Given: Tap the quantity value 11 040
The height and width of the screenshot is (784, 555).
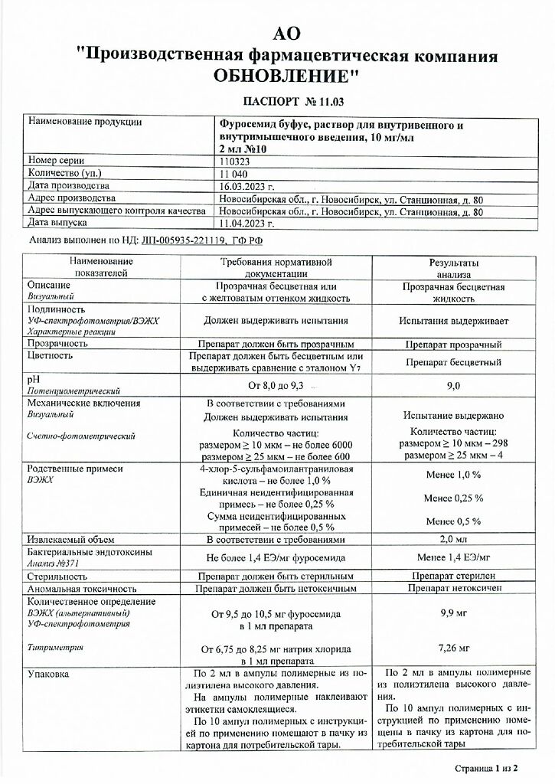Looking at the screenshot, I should pos(233,173).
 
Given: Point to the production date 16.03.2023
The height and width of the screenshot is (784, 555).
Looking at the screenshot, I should pos(246,186).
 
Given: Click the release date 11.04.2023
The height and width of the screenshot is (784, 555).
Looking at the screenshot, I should pos(246,223).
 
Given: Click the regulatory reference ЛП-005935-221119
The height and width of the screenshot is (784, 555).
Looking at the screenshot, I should pos(183,240).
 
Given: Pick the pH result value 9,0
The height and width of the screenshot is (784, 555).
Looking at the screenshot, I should pos(453,386).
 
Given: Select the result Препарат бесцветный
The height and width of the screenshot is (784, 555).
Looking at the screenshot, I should pos(453,361).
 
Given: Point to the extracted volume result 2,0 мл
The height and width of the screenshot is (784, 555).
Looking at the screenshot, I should pos(453,539).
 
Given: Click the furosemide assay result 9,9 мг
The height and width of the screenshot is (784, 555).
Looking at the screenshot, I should pos(453,612).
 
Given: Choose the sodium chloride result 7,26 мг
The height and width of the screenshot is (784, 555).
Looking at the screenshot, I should pos(453,648).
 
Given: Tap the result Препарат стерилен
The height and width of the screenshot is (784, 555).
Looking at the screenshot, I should pos(453,575).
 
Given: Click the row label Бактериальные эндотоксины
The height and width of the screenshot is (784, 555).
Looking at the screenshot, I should pos(90,552).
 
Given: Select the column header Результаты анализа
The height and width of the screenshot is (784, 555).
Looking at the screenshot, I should pos(453,267).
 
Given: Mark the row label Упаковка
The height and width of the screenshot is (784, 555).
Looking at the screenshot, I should pos(47,674).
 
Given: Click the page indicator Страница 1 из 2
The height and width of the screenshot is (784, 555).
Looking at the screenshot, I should pos(486,767).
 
